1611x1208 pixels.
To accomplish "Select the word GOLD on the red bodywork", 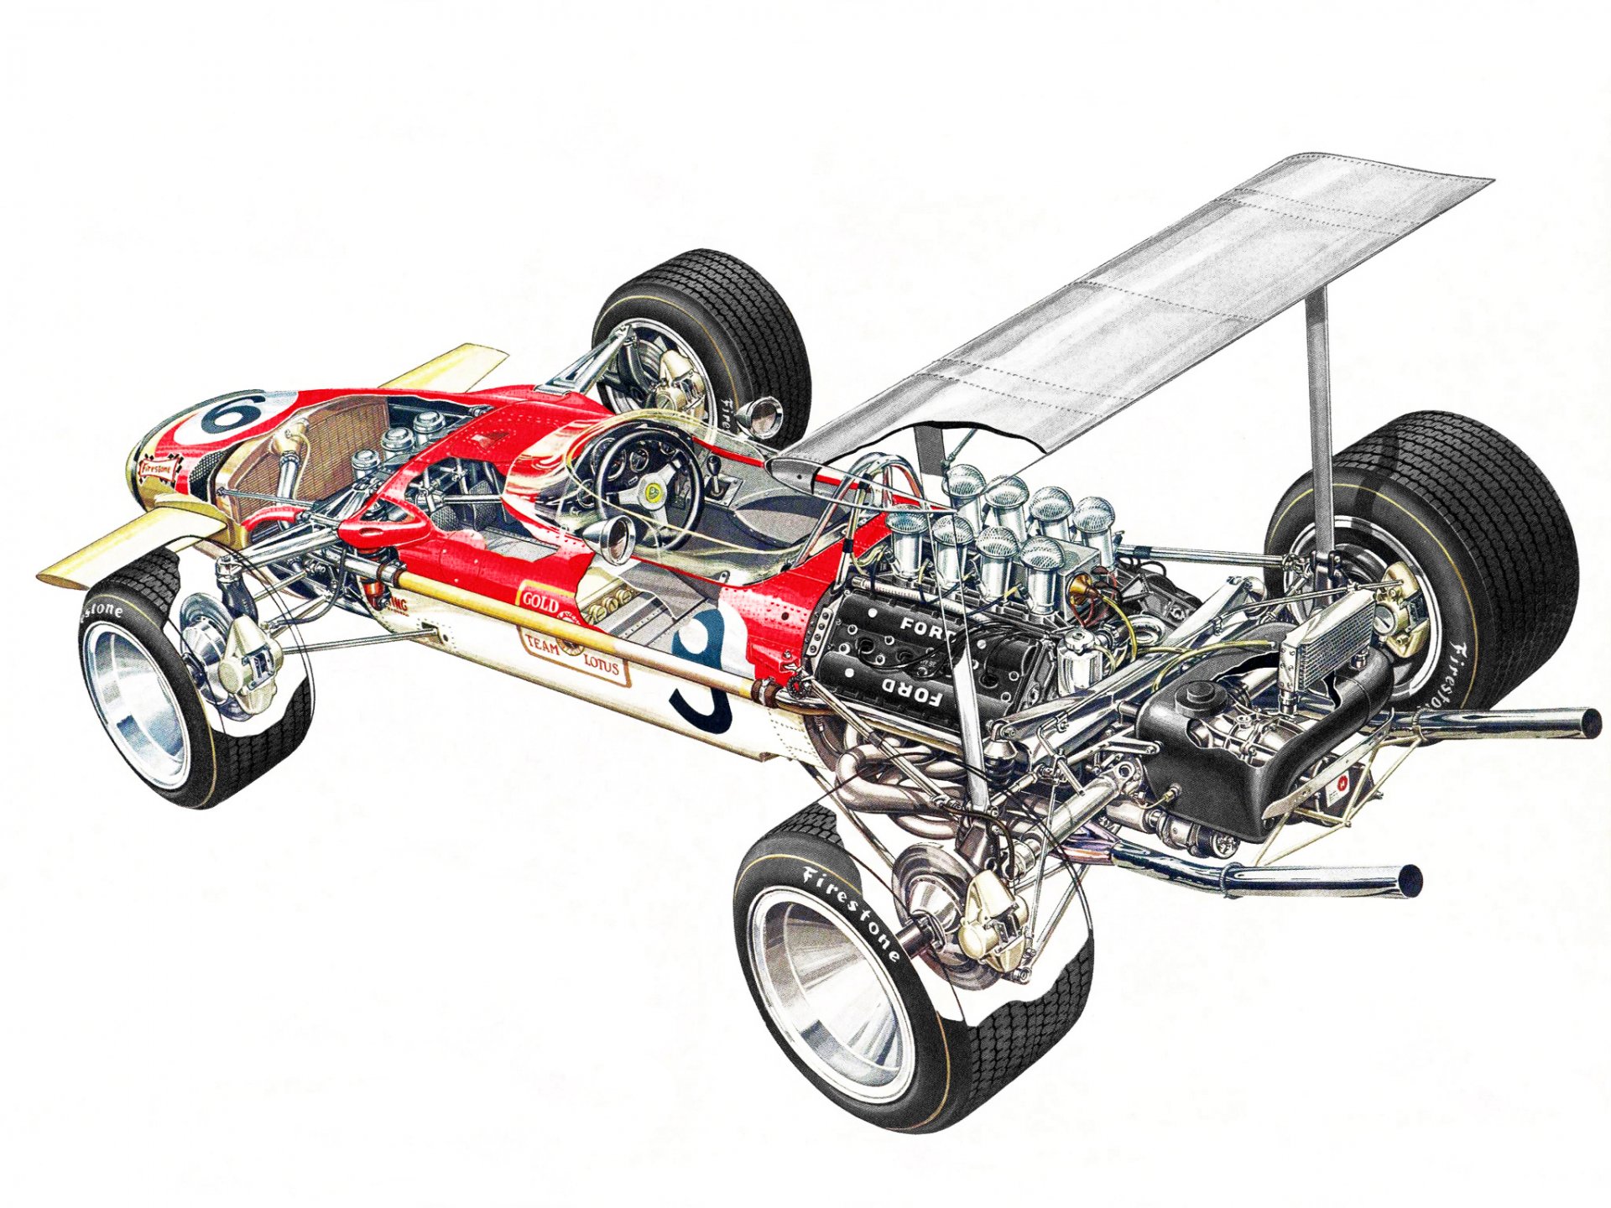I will [540, 601].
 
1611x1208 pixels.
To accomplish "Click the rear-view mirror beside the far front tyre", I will [765, 413].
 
